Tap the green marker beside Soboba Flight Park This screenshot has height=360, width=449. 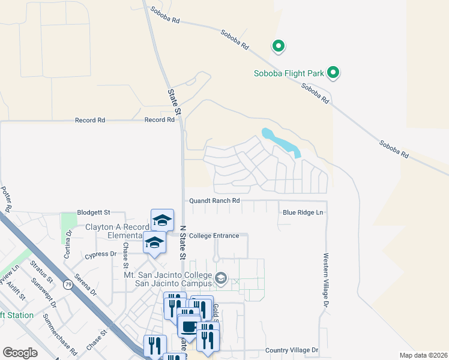point(333,73)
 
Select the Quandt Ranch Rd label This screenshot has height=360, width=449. point(214,201)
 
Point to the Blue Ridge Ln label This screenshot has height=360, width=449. point(303,212)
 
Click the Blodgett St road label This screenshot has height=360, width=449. point(94,212)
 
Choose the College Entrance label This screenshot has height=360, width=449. point(214,236)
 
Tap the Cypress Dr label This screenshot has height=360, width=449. point(101,254)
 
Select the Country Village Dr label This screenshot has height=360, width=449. point(291,350)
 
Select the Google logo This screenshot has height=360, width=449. point(20,353)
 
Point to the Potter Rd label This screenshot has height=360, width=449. point(6,200)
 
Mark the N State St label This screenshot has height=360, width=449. point(181,240)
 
